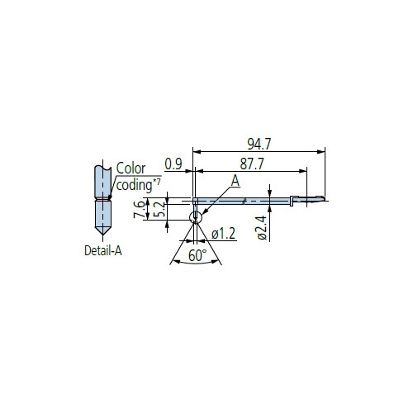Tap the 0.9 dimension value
click(x=173, y=164)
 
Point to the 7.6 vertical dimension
click(x=139, y=210)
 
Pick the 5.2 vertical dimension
click(x=159, y=210)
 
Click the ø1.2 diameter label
click(x=223, y=234)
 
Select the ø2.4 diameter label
click(x=262, y=228)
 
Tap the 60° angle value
click(x=197, y=255)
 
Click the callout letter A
click(x=235, y=181)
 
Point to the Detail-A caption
click(x=103, y=250)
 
